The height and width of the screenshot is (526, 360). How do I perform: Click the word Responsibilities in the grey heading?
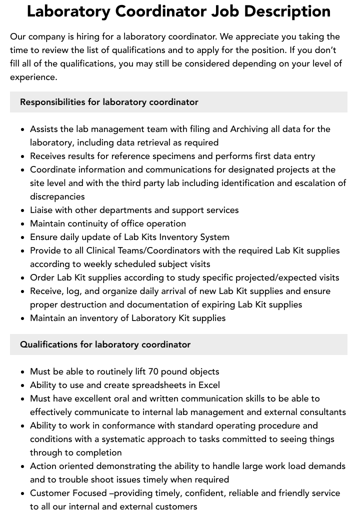coord(52,102)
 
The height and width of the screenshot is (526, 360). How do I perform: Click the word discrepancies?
coord(57,196)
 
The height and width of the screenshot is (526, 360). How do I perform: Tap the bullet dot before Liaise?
coord(23,210)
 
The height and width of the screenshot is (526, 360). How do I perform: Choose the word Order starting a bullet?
coord(41,277)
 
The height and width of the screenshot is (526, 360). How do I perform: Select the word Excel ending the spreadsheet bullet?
coord(208,385)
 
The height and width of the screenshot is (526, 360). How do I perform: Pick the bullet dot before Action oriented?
coord(23,466)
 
